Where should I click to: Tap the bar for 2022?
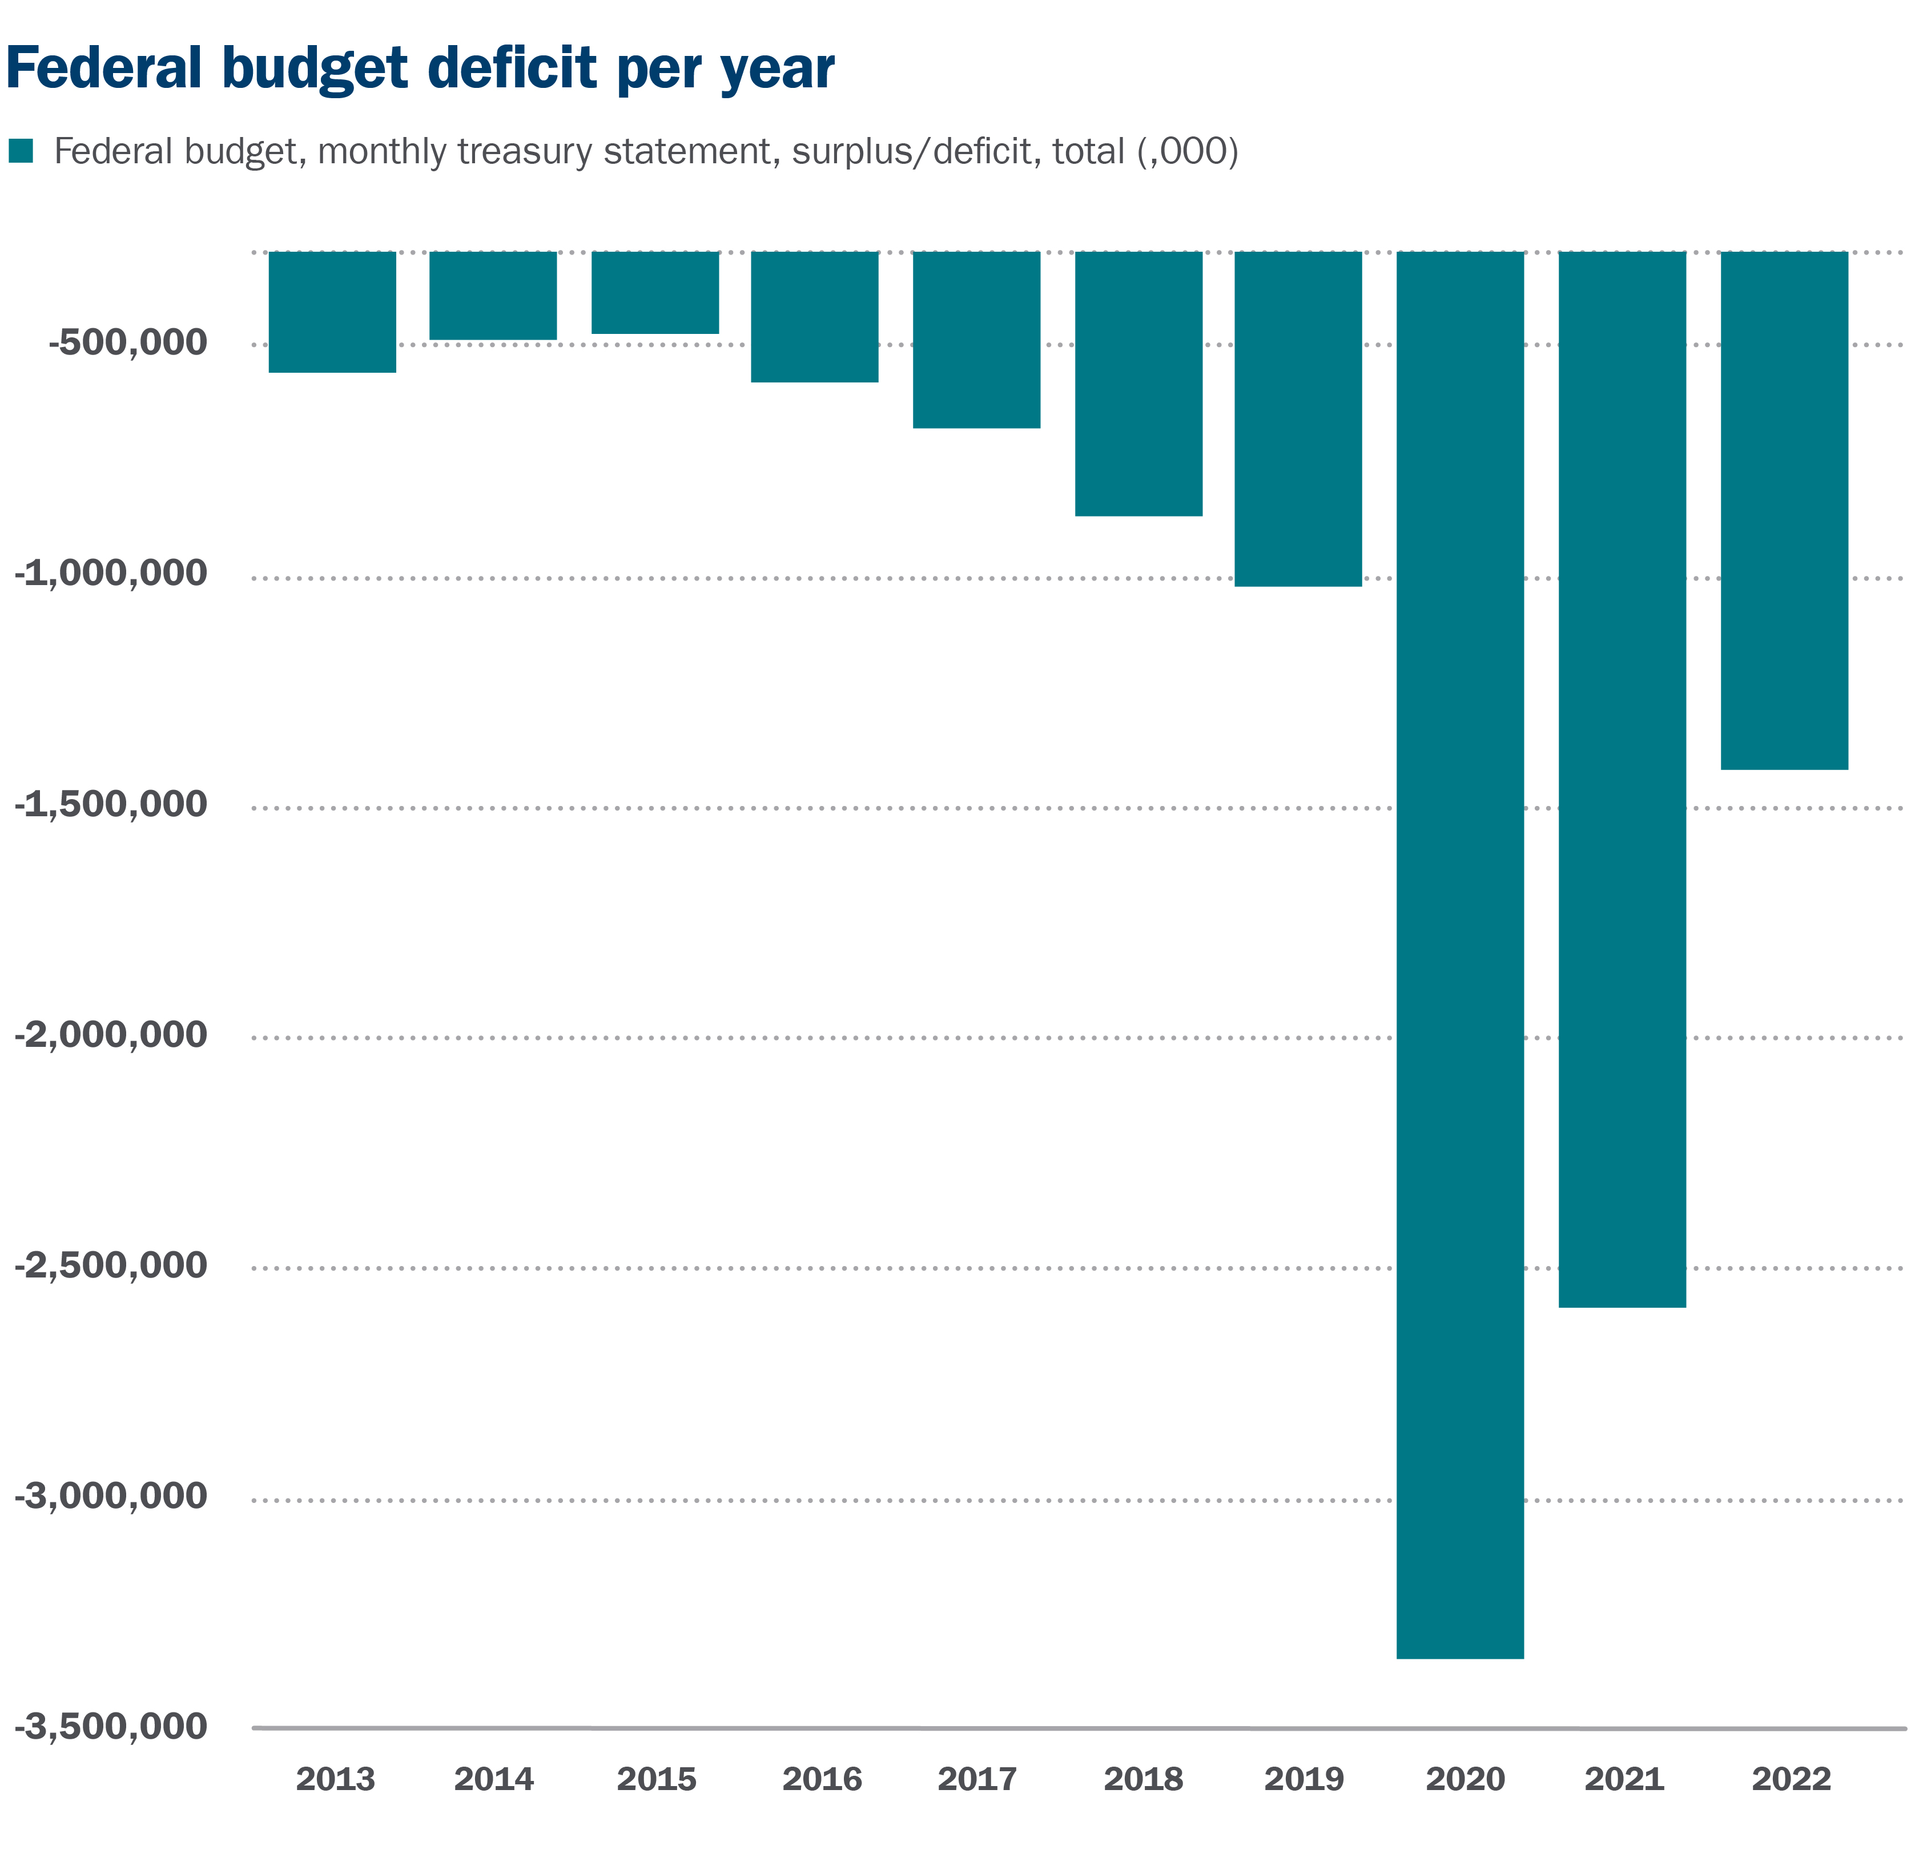point(1784,510)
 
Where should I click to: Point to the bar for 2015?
point(655,292)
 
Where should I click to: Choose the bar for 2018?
point(1138,383)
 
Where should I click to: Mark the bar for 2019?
point(1298,418)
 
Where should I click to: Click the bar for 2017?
point(976,339)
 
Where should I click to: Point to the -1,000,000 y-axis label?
point(110,574)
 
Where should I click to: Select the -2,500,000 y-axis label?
point(110,1265)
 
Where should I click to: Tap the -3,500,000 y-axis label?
point(110,1726)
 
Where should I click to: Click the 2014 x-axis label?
point(493,1780)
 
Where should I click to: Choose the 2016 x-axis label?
point(822,1780)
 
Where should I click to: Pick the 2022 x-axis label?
point(1791,1780)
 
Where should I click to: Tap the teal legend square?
point(21,151)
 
